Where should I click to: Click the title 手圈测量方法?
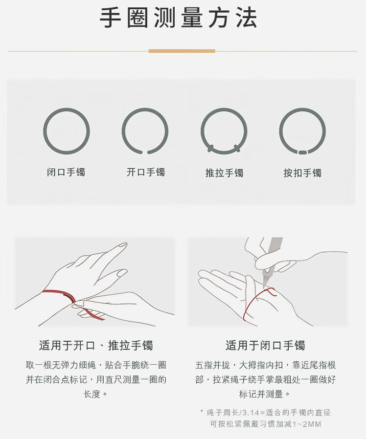coord(179,18)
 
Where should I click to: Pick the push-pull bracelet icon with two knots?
coord(202,131)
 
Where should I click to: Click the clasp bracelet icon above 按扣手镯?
coord(280,131)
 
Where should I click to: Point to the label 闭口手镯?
coord(66,172)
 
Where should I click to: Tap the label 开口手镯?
coord(145,172)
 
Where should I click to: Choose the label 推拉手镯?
coord(225,173)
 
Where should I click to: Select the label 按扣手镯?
coord(302,173)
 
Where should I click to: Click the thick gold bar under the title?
coord(182,51)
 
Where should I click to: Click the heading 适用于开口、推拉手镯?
coord(96,346)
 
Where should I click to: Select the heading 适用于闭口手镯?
coord(265,346)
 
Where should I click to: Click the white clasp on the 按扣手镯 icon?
coord(302,153)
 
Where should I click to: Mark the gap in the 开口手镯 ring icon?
coord(145,153)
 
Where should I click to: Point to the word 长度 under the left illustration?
coord(92,394)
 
